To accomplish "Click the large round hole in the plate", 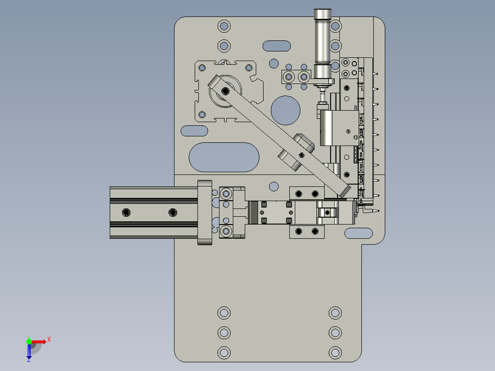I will [x=286, y=110].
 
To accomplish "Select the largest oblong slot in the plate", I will [x=224, y=157].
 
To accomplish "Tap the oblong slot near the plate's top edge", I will [x=277, y=46].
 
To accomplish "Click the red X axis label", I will [x=49, y=340].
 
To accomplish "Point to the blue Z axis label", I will [x=28, y=360].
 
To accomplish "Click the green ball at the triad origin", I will [x=29, y=341].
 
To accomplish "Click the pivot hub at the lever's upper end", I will [x=225, y=90].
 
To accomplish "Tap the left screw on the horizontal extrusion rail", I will [x=126, y=212].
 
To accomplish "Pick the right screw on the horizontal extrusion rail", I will [x=173, y=212].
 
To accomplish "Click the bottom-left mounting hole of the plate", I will [x=224, y=353].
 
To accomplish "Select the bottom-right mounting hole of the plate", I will [x=336, y=353].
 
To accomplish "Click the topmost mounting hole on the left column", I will [x=224, y=26].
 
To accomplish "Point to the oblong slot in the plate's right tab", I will [x=358, y=233].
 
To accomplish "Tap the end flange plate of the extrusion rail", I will [x=204, y=212].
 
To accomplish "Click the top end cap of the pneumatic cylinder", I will [x=322, y=15].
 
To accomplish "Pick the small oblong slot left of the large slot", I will [x=194, y=131].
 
